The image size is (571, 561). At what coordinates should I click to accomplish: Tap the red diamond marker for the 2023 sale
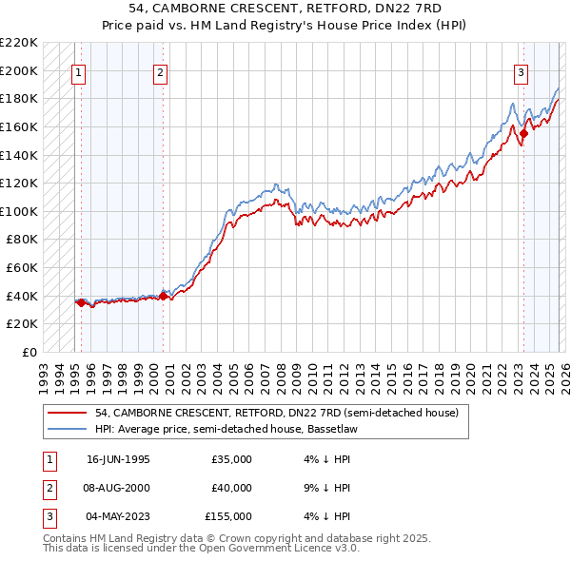(523, 134)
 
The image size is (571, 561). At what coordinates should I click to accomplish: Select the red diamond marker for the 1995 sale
(81, 302)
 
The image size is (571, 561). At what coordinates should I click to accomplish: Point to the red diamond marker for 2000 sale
(163, 296)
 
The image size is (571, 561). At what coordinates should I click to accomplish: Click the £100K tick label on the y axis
(19, 211)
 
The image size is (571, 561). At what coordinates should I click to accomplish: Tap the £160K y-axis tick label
(19, 126)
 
